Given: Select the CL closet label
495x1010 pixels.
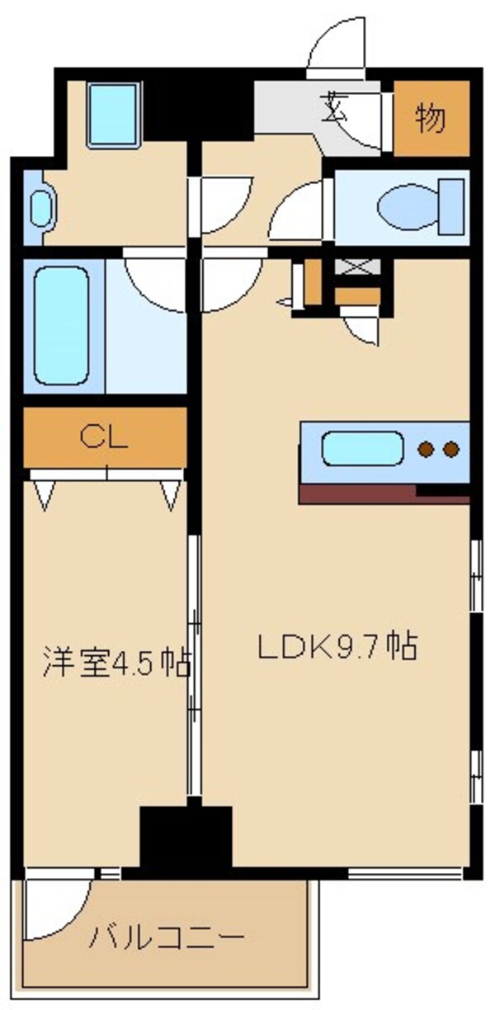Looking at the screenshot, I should (x=105, y=438).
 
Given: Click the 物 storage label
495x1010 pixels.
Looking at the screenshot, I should (x=431, y=120).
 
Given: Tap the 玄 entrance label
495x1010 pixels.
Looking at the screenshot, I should (x=333, y=107).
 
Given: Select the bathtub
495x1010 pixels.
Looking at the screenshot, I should (x=63, y=323).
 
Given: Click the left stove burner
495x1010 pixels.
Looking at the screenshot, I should (x=426, y=450).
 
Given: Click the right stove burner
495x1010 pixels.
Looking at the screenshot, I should (x=450, y=450).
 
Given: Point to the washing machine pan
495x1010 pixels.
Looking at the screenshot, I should (x=115, y=114).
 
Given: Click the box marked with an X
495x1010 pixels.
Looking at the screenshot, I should (x=356, y=268).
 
